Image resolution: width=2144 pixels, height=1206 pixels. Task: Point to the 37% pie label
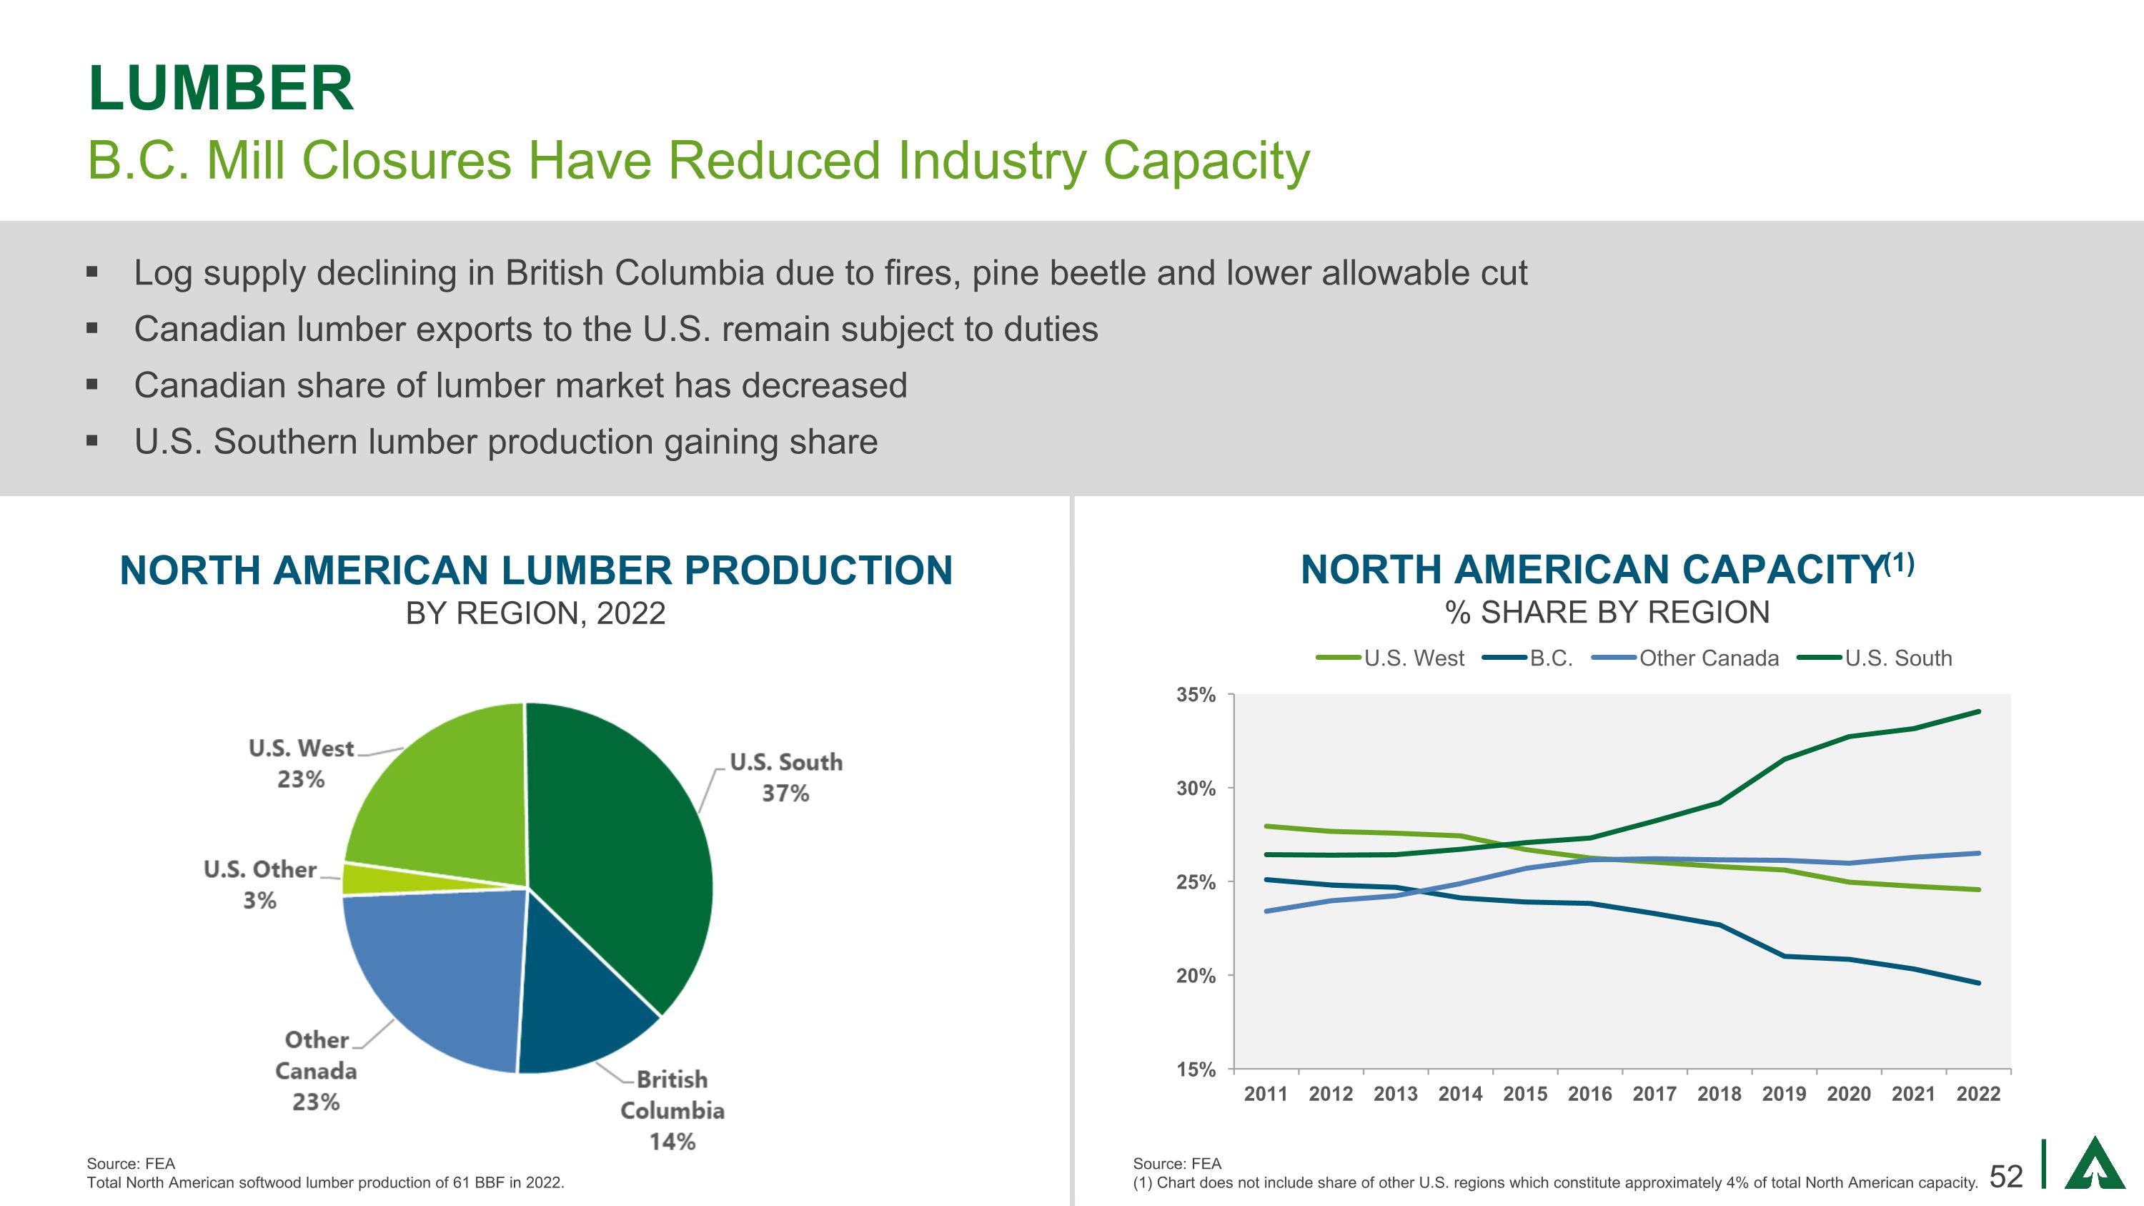(x=785, y=794)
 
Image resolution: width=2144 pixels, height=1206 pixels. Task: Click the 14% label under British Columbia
(x=673, y=1141)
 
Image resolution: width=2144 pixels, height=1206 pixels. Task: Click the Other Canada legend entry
(x=1708, y=658)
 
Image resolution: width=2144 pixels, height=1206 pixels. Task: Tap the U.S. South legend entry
(x=1897, y=658)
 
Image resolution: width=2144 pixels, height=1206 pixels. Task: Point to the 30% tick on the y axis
(x=1195, y=789)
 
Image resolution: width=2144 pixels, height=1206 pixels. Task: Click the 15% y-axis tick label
(x=1195, y=1069)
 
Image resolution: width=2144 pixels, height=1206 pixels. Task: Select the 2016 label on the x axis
(x=1589, y=1094)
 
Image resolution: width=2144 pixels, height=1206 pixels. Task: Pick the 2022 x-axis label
(x=1978, y=1094)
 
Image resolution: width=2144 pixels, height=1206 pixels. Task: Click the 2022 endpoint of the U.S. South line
(x=1978, y=711)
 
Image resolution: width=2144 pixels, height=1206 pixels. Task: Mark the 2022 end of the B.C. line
(x=1978, y=983)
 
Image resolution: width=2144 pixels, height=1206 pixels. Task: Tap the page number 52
(x=2006, y=1176)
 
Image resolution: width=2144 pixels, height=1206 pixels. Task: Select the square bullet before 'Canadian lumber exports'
(x=92, y=329)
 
